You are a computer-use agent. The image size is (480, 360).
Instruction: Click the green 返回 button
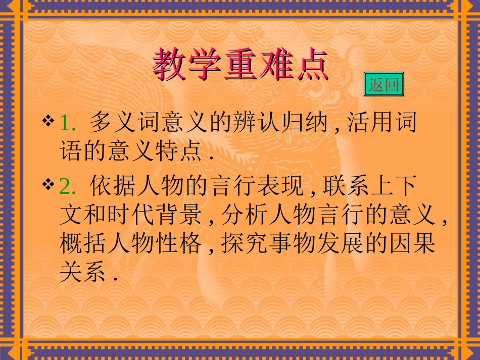(x=384, y=84)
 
